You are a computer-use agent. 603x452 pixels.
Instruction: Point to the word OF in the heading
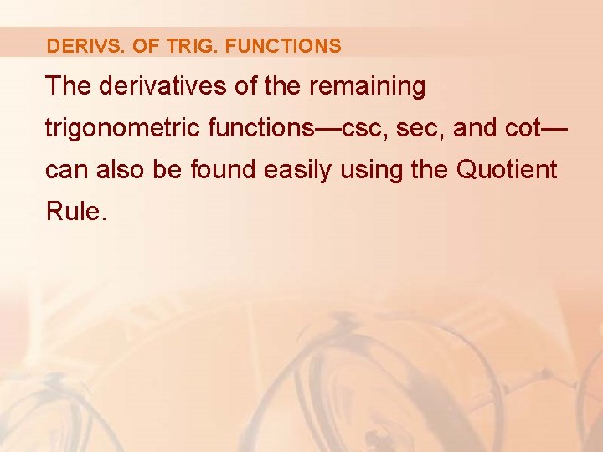click(x=145, y=46)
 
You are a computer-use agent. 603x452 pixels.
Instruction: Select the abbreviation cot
click(x=527, y=128)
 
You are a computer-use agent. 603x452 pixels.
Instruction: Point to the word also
click(x=120, y=170)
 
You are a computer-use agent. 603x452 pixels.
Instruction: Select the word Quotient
click(x=507, y=170)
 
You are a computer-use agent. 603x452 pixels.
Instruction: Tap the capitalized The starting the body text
click(x=67, y=85)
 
